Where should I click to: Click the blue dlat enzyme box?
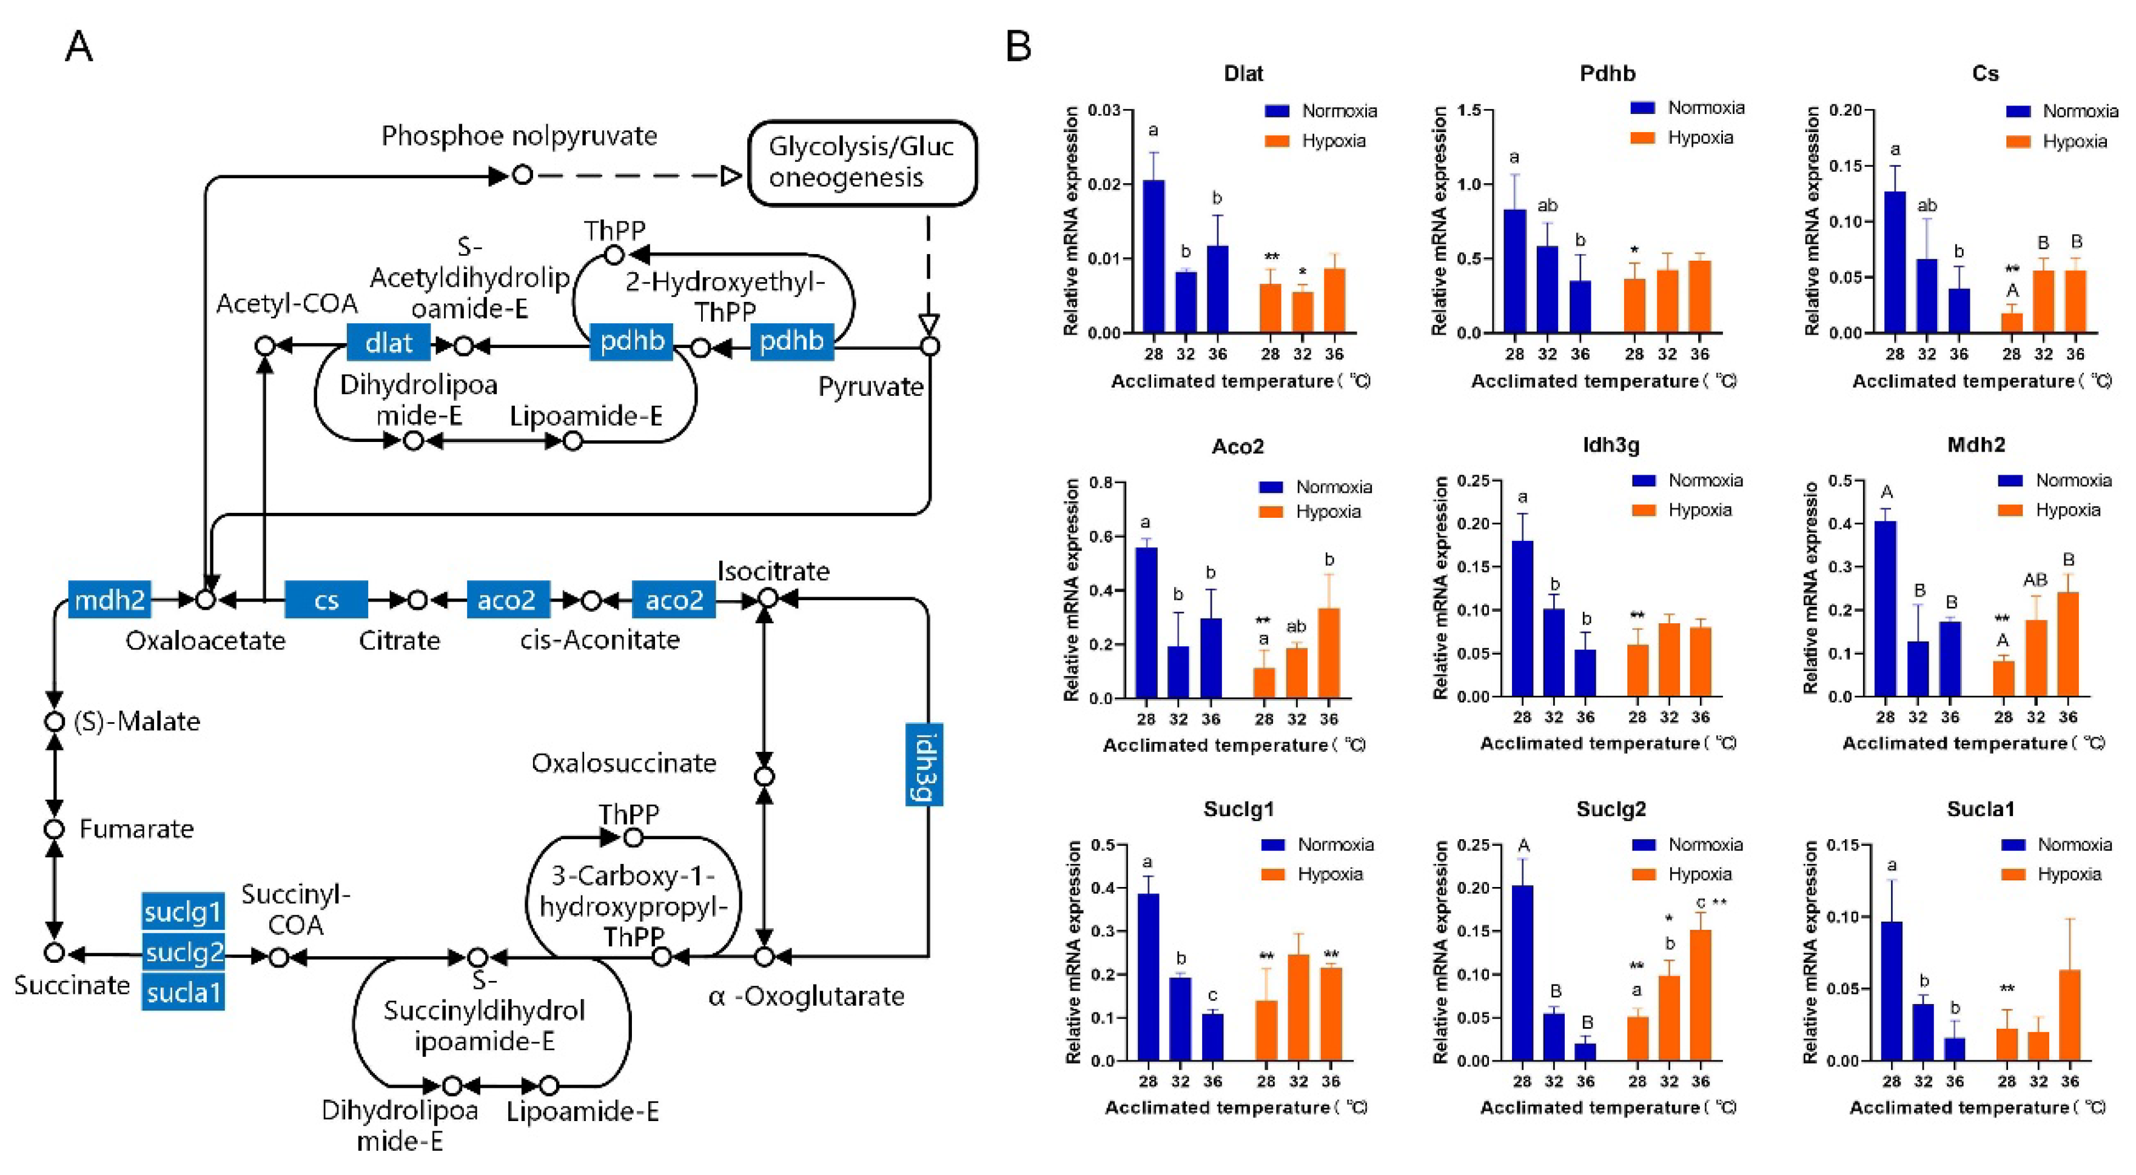(388, 341)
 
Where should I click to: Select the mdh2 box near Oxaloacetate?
(109, 598)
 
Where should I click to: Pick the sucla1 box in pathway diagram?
(183, 992)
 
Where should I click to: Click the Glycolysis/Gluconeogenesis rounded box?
(862, 162)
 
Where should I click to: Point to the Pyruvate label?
(871, 386)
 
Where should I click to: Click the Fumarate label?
(136, 828)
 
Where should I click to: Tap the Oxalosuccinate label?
(623, 763)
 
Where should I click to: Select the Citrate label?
(399, 640)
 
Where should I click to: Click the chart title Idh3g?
(1610, 445)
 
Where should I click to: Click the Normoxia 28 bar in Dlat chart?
(1154, 256)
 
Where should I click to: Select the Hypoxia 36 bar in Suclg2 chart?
(1701, 995)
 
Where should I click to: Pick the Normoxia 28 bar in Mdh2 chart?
(1886, 609)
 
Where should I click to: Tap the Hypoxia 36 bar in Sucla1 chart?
(2070, 1015)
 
